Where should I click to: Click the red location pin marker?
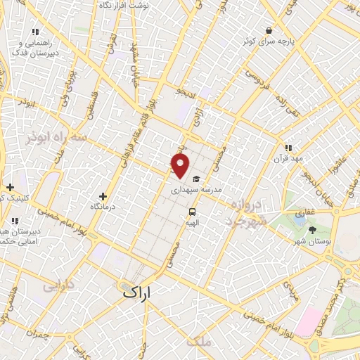pyautogui.click(x=181, y=167)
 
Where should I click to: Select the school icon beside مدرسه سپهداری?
pyautogui.click(x=196, y=179)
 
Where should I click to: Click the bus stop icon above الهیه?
pyautogui.click(x=191, y=211)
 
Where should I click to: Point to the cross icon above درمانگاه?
pyautogui.click(x=103, y=196)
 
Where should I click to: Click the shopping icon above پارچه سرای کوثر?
pyautogui.click(x=269, y=30)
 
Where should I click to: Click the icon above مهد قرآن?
pyautogui.click(x=288, y=148)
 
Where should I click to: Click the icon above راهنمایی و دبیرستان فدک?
pyautogui.click(x=36, y=32)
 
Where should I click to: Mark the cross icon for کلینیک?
pyautogui.click(x=10, y=187)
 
